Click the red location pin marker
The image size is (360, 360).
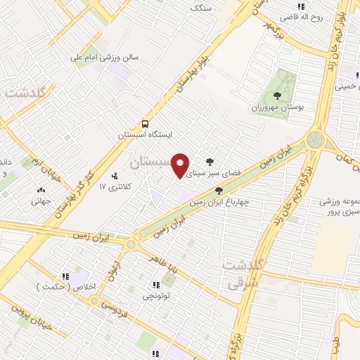pyautogui.click(x=181, y=165)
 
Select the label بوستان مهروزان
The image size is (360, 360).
pyautogui.click(x=276, y=109)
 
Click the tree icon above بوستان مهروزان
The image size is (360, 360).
pyautogui.click(x=276, y=96)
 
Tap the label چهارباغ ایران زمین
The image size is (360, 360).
pyautogui.click(x=219, y=201)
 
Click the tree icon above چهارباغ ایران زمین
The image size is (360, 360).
pyautogui.click(x=219, y=190)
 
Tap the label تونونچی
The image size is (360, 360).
pyautogui.click(x=157, y=297)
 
